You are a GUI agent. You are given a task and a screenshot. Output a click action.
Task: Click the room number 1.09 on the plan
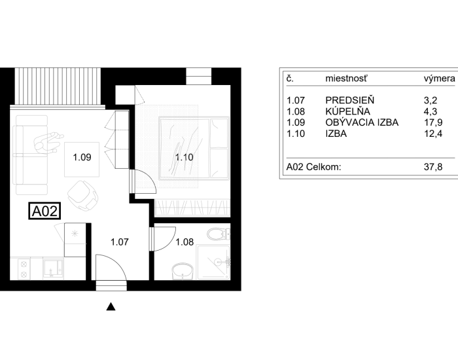[x=82, y=158]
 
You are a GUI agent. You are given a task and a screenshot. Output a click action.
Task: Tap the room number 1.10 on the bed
[x=185, y=158]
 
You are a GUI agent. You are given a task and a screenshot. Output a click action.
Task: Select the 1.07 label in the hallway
[x=120, y=242]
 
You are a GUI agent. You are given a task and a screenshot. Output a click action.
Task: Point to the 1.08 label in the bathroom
[x=185, y=242]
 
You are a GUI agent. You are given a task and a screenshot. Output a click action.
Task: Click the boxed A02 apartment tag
[x=44, y=211]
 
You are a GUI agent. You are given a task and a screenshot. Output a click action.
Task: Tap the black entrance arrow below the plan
[x=111, y=306]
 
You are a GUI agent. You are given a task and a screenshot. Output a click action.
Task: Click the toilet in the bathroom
[x=219, y=234]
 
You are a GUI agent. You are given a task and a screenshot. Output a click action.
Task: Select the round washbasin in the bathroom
[x=183, y=271]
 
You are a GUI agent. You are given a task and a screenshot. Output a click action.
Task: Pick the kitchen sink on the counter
[x=53, y=268]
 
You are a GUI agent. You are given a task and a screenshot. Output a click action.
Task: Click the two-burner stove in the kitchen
[x=24, y=270]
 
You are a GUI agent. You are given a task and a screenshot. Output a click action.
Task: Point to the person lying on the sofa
[x=48, y=142]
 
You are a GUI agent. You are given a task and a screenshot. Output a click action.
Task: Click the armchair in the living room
[x=83, y=195]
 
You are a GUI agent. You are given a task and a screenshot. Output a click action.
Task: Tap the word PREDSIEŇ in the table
[x=349, y=100]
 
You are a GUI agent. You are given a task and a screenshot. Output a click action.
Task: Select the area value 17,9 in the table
[x=433, y=122]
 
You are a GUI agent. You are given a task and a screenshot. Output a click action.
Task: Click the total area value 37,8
[x=433, y=167]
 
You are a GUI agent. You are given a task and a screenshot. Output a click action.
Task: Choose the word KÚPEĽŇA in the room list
[x=347, y=111]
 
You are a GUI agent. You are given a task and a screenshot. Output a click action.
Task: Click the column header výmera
[x=439, y=79]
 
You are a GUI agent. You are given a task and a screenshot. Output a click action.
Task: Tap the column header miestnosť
[x=346, y=79]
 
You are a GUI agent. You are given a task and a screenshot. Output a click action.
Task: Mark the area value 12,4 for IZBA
[x=433, y=134]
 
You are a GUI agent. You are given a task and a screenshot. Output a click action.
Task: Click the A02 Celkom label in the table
[x=313, y=167]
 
